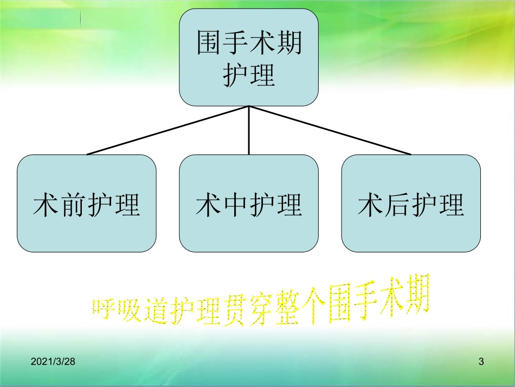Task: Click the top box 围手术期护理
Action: click(249, 58)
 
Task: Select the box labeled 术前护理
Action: click(87, 204)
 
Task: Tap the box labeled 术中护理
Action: click(249, 204)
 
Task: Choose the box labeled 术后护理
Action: click(411, 204)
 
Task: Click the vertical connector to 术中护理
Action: click(249, 130)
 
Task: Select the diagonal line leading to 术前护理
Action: click(168, 130)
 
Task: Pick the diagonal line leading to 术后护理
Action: click(331, 130)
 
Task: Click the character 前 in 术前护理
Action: click(73, 205)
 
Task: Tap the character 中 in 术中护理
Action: click(235, 205)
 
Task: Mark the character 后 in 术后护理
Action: click(397, 205)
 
